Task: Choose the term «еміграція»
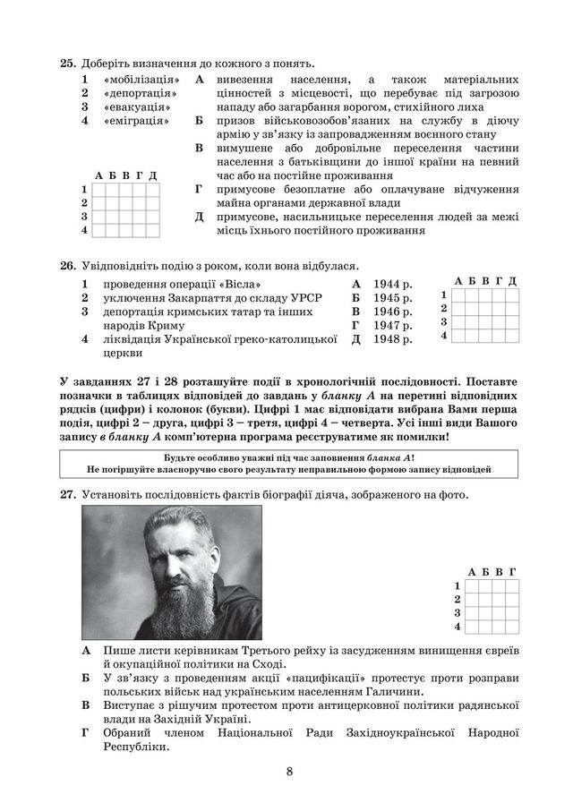(x=136, y=120)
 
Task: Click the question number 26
(x=67, y=265)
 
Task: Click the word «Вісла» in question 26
(x=215, y=283)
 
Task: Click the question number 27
(x=67, y=494)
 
